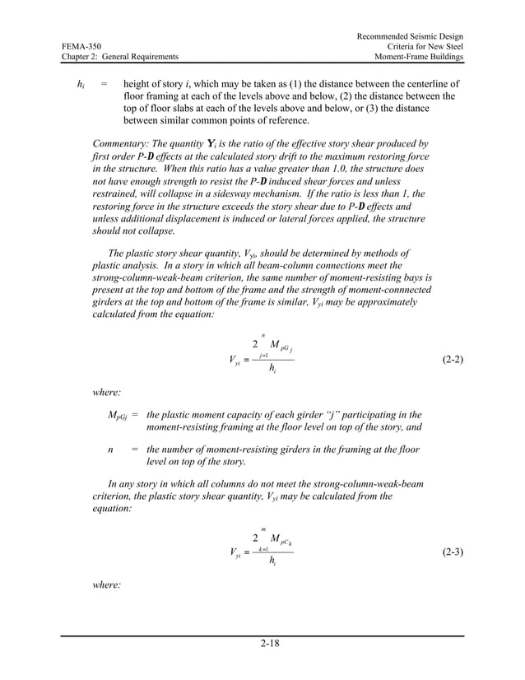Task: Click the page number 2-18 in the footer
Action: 262,643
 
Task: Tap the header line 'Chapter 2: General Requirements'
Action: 120,57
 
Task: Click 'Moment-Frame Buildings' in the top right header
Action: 418,57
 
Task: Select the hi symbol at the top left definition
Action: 80,84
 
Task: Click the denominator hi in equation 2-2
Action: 272,369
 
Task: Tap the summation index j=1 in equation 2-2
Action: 263,355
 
